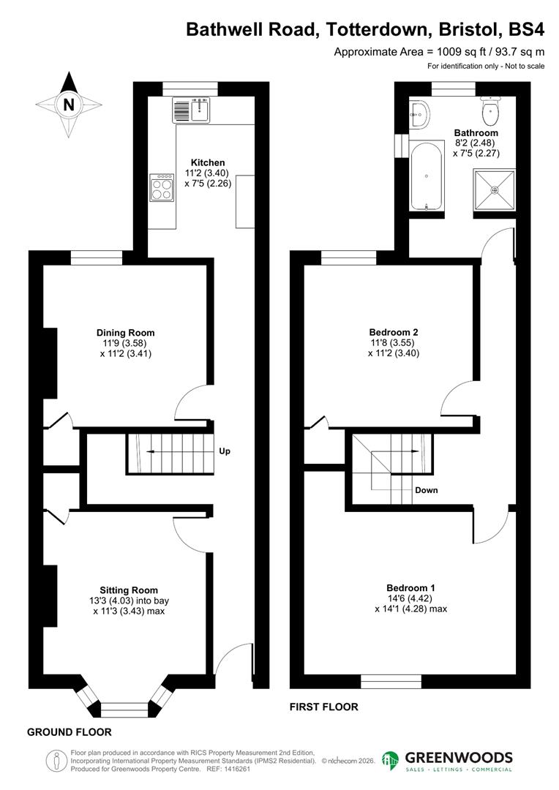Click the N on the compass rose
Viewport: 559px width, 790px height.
pyautogui.click(x=69, y=104)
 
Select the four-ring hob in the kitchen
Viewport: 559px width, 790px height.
pyautogui.click(x=161, y=187)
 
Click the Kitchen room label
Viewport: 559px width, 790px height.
pyautogui.click(x=208, y=162)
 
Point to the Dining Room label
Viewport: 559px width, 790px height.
pyautogui.click(x=129, y=332)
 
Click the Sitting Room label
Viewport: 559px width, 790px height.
pyautogui.click(x=129, y=590)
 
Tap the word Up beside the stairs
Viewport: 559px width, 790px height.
pyautogui.click(x=225, y=451)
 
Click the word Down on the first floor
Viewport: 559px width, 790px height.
pyautogui.click(x=426, y=490)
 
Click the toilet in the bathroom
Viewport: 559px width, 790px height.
pyautogui.click(x=490, y=112)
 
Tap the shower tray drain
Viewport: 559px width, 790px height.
pyautogui.click(x=495, y=190)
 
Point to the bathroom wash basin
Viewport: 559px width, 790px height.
pyautogui.click(x=419, y=112)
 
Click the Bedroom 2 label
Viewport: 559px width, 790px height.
pyautogui.click(x=394, y=331)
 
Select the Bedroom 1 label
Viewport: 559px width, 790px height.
pyautogui.click(x=410, y=587)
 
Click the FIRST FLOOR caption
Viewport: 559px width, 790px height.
pyautogui.click(x=323, y=707)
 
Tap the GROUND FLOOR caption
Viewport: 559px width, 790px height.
pyautogui.click(x=70, y=731)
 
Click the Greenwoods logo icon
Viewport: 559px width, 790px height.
pyautogui.click(x=391, y=761)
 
